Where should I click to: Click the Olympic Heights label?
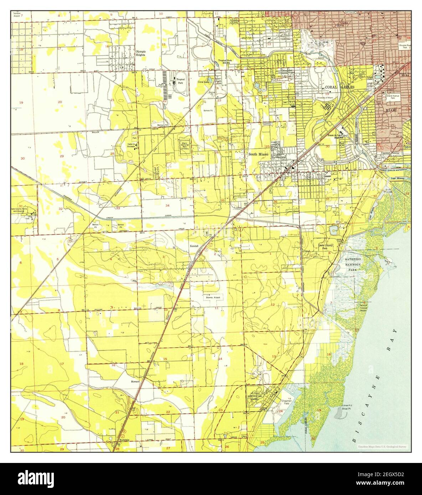[x=141, y=53]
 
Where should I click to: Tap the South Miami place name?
[x=258, y=154]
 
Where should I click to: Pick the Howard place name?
[x=135, y=381]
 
